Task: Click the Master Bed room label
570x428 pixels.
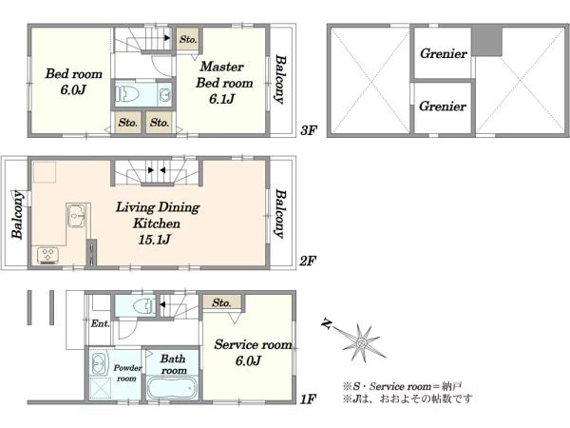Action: click(224, 82)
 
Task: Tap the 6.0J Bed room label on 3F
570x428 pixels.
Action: click(73, 81)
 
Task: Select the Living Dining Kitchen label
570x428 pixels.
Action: click(158, 223)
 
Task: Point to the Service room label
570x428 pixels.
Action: click(253, 352)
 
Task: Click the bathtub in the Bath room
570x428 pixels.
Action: click(172, 389)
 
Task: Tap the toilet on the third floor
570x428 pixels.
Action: click(127, 94)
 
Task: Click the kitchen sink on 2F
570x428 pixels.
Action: click(76, 216)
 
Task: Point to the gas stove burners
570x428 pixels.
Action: click(48, 255)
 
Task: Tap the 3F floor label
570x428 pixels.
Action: click(309, 130)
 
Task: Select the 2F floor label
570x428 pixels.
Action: click(308, 261)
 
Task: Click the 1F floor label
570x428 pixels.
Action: click(308, 399)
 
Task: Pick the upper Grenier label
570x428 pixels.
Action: click(444, 54)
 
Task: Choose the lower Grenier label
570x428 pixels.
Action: click(443, 107)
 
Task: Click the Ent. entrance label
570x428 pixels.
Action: click(100, 323)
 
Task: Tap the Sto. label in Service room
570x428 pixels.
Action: click(221, 302)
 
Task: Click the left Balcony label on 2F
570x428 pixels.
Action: click(17, 214)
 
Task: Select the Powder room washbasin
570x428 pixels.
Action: click(99, 363)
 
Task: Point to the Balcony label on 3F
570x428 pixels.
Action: click(280, 79)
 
